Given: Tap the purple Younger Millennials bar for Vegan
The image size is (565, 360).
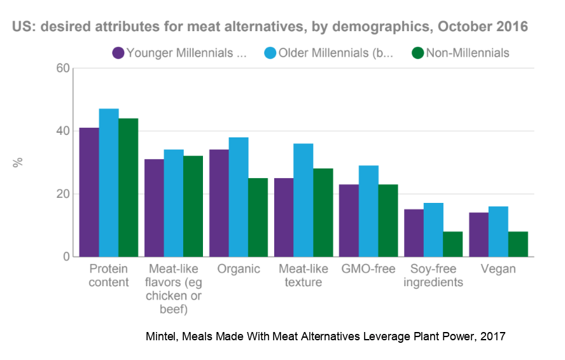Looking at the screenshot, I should pos(478,235).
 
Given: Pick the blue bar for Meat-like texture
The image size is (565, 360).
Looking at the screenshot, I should pos(303,200).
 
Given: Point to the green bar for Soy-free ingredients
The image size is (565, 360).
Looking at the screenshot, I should pos(452,244).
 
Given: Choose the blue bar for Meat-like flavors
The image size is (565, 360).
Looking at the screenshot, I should pos(174,204).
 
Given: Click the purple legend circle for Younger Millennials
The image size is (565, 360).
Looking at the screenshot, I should pos(118,53).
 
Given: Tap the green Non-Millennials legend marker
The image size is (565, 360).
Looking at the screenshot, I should pos(417,53).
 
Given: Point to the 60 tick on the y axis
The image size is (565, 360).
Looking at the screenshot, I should pos(62,68).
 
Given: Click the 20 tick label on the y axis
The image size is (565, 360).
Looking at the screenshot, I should pos(62,194).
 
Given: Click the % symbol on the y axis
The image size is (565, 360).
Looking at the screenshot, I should pos(18,162).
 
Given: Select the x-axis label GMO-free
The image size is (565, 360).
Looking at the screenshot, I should pos(368,269).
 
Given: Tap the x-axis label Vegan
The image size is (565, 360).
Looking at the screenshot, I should pos(498,269).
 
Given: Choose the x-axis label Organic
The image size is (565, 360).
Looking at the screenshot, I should pos(239,269).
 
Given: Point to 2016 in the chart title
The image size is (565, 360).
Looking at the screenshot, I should pos(512,27).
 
